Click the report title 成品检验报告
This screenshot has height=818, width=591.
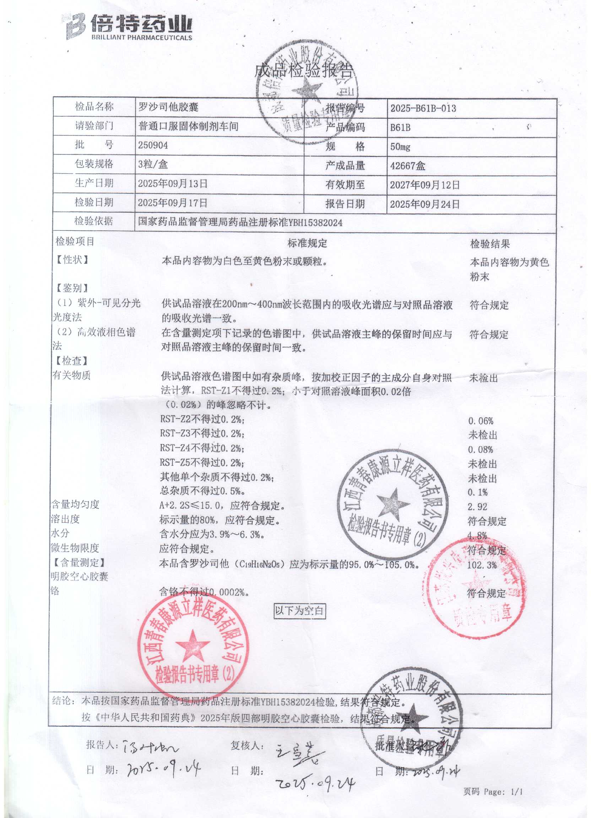tap(303, 71)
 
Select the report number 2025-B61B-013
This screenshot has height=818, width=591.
tap(423, 108)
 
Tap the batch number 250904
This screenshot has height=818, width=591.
tap(153, 145)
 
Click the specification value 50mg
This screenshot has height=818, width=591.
tap(400, 147)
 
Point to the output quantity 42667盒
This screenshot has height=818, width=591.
tap(408, 166)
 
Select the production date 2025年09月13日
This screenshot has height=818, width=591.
tap(173, 184)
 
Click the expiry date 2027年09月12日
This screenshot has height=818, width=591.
tap(425, 185)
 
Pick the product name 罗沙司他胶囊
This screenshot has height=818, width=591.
tap(168, 107)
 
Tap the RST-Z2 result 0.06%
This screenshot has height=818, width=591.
tap(481, 421)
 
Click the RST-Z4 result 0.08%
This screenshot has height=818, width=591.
tap(481, 450)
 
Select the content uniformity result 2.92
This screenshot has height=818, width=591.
tap(477, 507)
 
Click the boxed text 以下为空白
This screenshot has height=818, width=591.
tap(299, 611)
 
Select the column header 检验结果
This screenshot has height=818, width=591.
tap(490, 244)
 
